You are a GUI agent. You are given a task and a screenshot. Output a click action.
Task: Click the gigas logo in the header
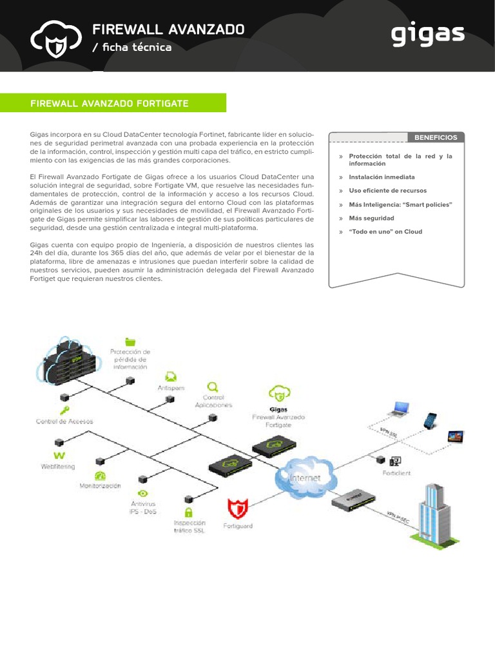pyautogui.click(x=428, y=35)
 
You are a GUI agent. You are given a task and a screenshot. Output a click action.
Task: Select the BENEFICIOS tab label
pyautogui.click(x=436, y=137)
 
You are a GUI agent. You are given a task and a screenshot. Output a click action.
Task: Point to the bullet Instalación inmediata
pyautogui.click(x=382, y=177)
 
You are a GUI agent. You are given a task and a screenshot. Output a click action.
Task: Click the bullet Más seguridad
pyautogui.click(x=371, y=218)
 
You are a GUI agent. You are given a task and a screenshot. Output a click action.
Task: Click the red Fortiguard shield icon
pyautogui.click(x=238, y=509)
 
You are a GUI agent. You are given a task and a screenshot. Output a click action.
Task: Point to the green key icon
pyautogui.click(x=64, y=411)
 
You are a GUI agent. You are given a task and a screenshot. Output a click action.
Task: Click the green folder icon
pyautogui.click(x=131, y=342)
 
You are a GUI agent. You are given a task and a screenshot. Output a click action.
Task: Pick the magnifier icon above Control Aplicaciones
pyautogui.click(x=212, y=387)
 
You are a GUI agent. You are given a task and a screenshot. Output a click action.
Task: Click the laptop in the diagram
pyautogui.click(x=398, y=409)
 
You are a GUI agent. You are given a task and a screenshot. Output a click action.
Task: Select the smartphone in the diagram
pyautogui.click(x=430, y=420)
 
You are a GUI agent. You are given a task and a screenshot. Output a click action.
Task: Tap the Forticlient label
pyautogui.click(x=396, y=473)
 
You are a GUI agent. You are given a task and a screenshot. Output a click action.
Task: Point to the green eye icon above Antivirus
pyautogui.click(x=143, y=494)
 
